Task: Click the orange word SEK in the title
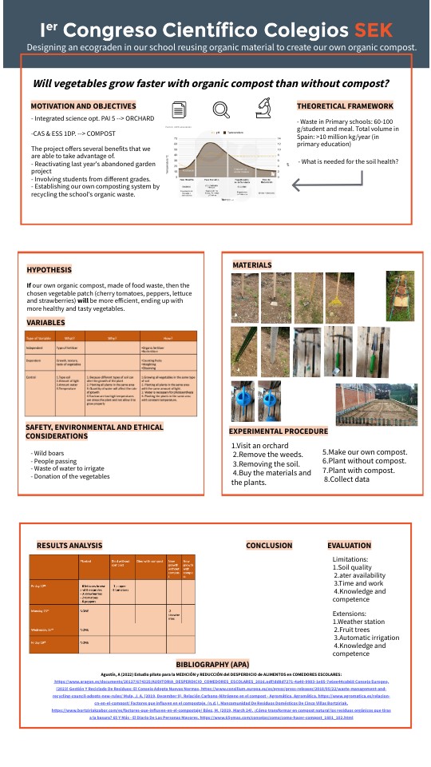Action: pos(374,30)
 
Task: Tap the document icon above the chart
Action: pos(181,110)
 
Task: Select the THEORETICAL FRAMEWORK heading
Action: pos(345,106)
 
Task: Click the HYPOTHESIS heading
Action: pos(49,270)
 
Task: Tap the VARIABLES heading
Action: pos(46,323)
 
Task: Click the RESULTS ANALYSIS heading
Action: pos(69,545)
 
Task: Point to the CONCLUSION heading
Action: pos(269,546)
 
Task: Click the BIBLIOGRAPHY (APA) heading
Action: pos(216,665)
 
